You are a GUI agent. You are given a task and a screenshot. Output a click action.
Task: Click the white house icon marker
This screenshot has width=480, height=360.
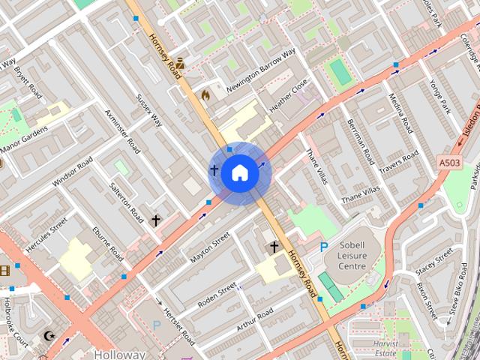239,173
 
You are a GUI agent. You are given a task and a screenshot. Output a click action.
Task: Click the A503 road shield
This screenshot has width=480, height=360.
449,162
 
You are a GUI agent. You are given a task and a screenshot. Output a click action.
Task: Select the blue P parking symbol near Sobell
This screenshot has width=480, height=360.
324,247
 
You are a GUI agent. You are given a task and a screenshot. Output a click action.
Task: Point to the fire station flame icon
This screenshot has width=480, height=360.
205,95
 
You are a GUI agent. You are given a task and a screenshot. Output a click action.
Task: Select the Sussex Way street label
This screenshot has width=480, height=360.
148,109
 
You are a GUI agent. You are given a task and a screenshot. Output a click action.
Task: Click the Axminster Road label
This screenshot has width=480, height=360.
123,130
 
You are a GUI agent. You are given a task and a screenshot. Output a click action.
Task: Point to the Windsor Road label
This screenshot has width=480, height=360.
73,172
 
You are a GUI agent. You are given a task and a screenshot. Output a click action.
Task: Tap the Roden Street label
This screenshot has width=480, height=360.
217,295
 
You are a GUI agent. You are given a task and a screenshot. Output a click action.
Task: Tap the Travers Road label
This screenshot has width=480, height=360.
399,166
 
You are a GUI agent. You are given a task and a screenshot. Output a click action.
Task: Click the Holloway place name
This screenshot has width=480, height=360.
120,354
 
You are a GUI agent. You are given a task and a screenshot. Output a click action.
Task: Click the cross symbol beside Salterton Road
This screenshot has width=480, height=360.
156,220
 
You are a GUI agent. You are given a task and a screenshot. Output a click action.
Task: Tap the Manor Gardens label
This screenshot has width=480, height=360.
24,136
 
